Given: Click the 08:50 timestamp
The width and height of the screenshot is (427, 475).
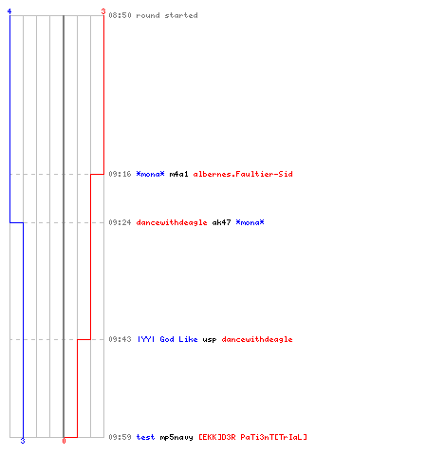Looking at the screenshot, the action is (120, 15).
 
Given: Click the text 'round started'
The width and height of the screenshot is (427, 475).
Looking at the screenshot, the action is (167, 15).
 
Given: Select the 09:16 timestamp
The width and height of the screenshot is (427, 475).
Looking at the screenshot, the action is (120, 174).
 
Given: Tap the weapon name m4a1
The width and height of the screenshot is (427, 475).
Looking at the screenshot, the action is (178, 174).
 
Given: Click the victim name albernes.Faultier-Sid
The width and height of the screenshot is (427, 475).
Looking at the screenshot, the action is (243, 174).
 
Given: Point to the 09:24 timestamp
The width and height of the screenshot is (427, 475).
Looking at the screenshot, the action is (120, 222).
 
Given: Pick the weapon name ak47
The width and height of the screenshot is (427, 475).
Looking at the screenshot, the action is (221, 222).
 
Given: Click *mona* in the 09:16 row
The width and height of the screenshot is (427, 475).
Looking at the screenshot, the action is (150, 174).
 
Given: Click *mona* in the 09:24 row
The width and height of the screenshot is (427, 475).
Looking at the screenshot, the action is (250, 222).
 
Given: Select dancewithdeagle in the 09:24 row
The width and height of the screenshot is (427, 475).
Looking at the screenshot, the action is (172, 222).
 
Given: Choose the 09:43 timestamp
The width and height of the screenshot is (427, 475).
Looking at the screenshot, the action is (120, 339).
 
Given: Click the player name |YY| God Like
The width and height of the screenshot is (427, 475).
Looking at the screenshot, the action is (167, 339).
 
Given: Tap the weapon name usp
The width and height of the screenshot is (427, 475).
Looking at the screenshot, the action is (210, 340).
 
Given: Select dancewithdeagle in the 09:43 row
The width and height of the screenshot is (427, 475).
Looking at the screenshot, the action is (257, 339).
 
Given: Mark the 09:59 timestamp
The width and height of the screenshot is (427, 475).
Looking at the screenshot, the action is (120, 437).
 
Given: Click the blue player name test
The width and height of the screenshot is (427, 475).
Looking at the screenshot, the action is (145, 437).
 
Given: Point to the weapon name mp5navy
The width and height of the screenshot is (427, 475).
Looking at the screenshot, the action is (176, 437).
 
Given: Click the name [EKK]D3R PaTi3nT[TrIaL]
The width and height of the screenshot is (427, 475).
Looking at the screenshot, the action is (252, 437).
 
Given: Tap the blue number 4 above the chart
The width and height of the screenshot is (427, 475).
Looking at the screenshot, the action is (9, 11).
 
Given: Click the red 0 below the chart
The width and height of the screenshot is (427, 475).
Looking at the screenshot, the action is (64, 441).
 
